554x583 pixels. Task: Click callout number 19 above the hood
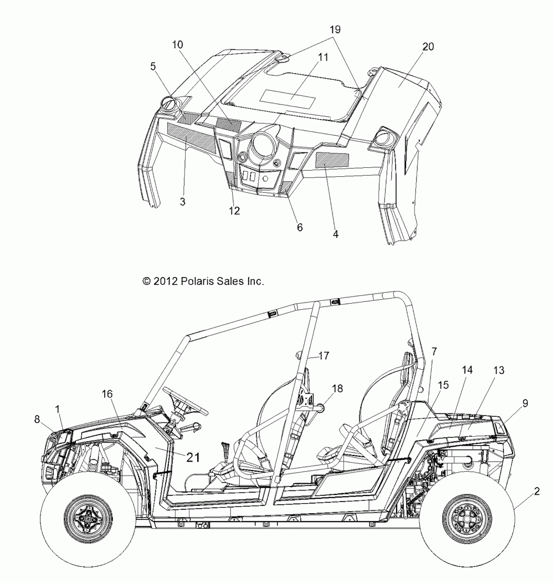click(x=334, y=28)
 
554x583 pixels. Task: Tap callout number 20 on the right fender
click(x=428, y=47)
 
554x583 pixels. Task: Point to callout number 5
click(x=153, y=67)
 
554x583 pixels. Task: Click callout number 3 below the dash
click(x=182, y=202)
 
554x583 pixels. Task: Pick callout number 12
click(x=234, y=211)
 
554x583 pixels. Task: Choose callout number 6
click(x=299, y=227)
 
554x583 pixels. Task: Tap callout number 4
click(x=335, y=234)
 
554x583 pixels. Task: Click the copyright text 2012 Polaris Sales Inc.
click(x=203, y=282)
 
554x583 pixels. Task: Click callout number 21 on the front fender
click(x=192, y=457)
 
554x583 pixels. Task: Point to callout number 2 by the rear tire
click(x=536, y=490)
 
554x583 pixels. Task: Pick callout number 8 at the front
click(x=38, y=420)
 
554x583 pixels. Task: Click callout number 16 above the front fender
click(x=107, y=393)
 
